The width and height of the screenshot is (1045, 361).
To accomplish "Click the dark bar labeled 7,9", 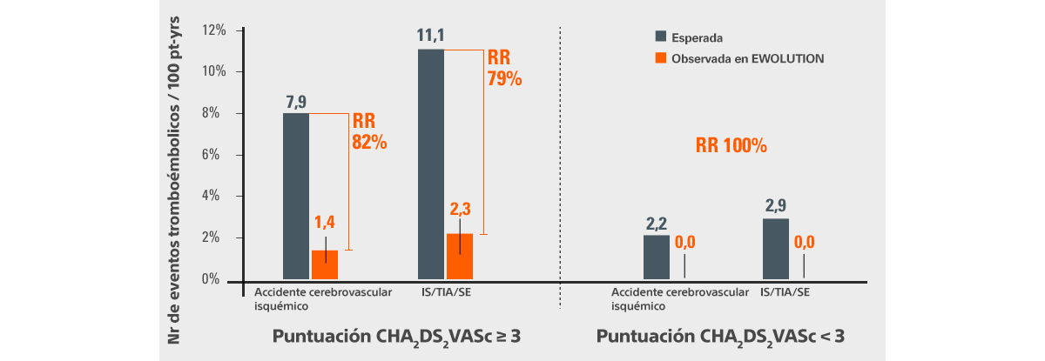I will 297,196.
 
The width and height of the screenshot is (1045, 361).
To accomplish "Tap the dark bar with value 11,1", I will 431,164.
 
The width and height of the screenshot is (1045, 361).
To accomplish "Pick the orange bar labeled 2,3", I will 459,257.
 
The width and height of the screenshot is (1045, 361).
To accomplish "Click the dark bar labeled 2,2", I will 657,257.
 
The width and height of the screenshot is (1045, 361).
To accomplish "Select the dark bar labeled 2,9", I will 776,249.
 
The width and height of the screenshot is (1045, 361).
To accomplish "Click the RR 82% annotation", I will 368,131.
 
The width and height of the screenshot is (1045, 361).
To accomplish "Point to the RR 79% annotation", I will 503,68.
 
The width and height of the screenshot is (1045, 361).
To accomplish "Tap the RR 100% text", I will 731,145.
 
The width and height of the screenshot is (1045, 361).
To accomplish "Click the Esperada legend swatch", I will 661,37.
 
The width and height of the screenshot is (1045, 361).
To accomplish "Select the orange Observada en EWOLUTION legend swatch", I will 661,57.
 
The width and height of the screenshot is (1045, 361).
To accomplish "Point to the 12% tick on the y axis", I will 213,30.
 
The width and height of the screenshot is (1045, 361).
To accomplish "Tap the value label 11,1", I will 431,37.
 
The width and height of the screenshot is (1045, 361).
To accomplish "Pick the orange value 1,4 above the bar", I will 324,224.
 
